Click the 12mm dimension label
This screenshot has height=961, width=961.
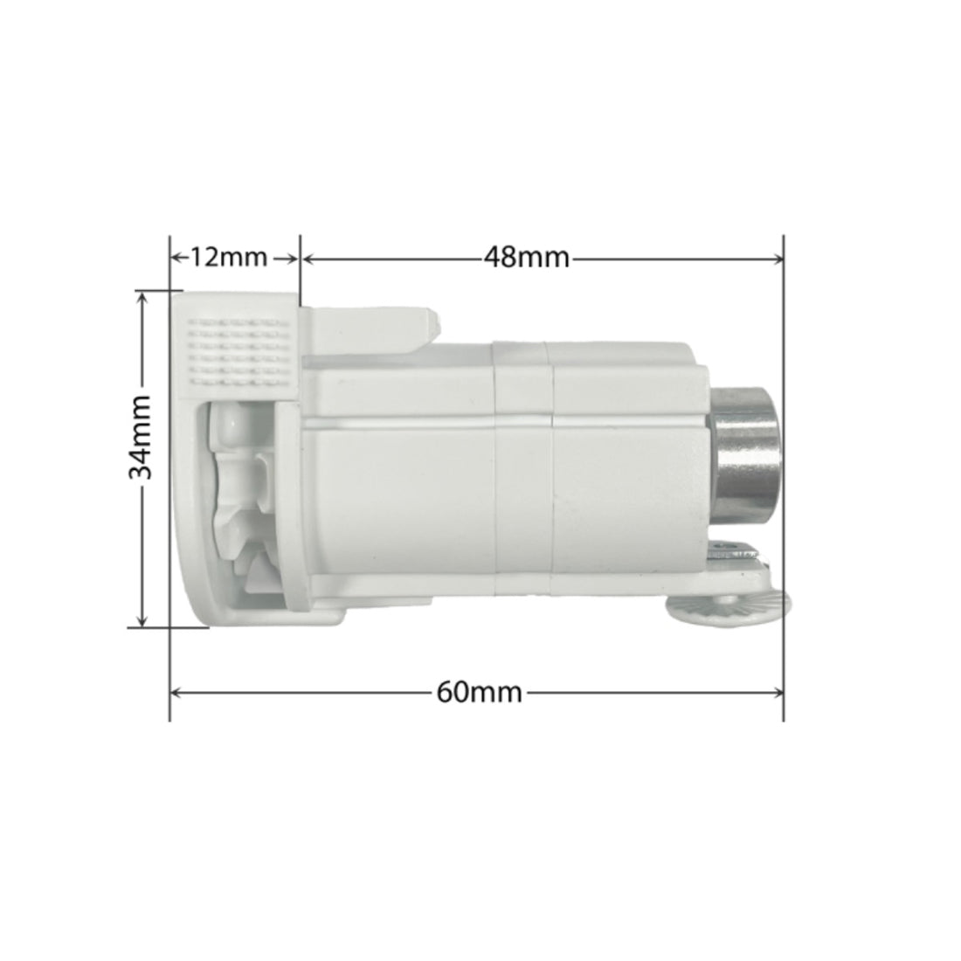click(228, 258)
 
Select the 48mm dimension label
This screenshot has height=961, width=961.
click(527, 258)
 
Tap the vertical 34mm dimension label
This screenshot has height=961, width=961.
click(140, 437)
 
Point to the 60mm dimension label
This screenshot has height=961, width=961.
click(480, 693)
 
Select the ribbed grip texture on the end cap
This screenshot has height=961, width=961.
click(239, 353)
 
